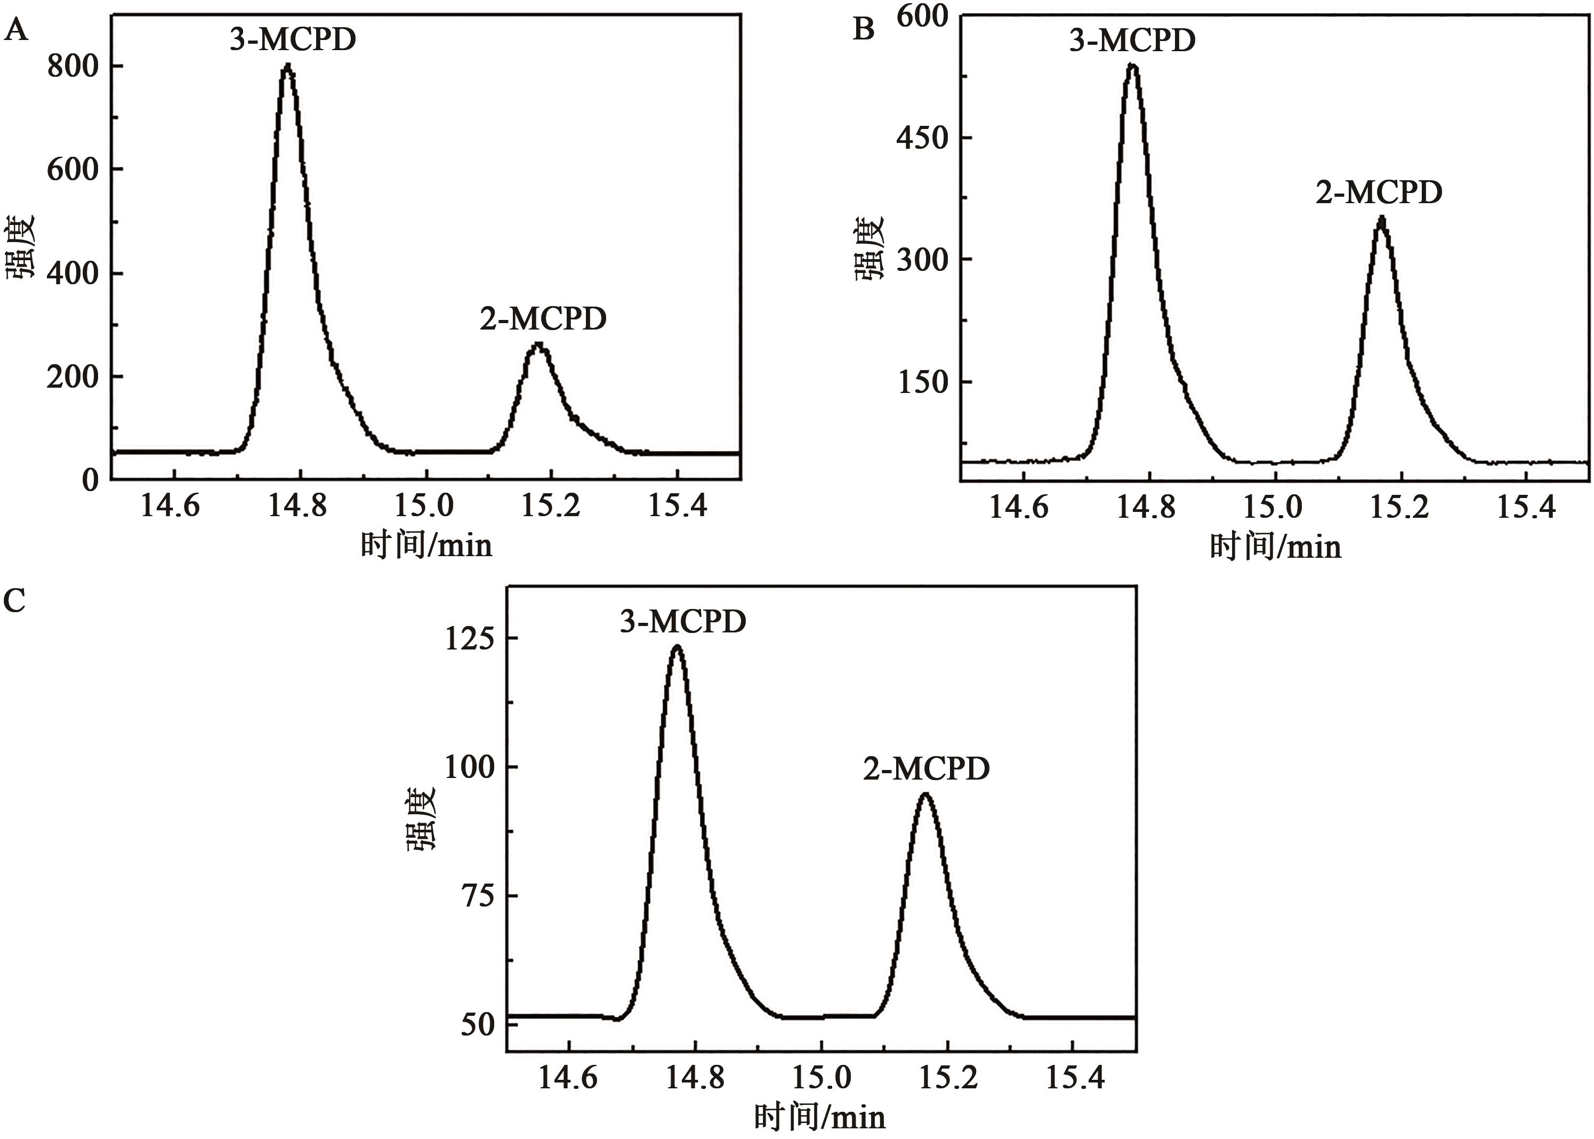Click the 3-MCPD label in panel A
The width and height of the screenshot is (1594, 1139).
click(293, 40)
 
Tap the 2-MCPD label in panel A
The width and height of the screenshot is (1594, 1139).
click(543, 319)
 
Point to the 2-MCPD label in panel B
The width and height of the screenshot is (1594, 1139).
click(1379, 192)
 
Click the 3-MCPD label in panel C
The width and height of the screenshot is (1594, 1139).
click(682, 621)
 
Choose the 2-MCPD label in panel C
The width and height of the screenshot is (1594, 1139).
click(925, 769)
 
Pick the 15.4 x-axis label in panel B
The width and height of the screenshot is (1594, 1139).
click(1526, 507)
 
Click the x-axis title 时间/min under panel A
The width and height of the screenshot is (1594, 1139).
click(426, 545)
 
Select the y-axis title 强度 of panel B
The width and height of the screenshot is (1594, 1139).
click(870, 248)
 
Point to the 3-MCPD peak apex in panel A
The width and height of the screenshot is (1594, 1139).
click(287, 67)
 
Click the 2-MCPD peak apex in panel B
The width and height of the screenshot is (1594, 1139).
click(1381, 219)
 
